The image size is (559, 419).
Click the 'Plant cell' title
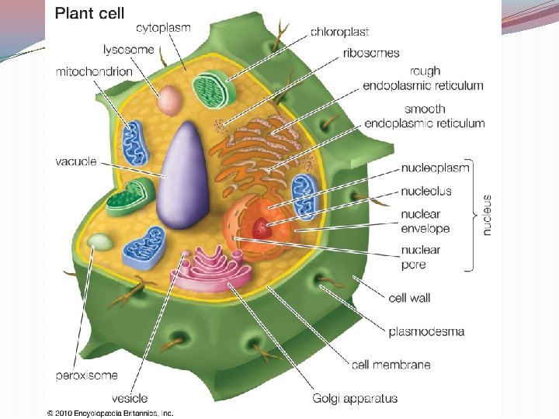89,13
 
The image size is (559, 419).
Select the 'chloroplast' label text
339,32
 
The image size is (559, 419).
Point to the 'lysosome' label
129,50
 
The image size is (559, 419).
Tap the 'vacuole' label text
76,161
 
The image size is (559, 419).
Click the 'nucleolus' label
426,191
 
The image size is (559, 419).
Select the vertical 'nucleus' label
487,214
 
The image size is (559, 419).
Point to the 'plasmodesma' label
426,331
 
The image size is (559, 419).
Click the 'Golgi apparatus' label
355,399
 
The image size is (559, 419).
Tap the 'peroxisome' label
86,376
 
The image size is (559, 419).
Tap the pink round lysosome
168,99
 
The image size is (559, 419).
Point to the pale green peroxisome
99,242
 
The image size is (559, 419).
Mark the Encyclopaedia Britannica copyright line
109,413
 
